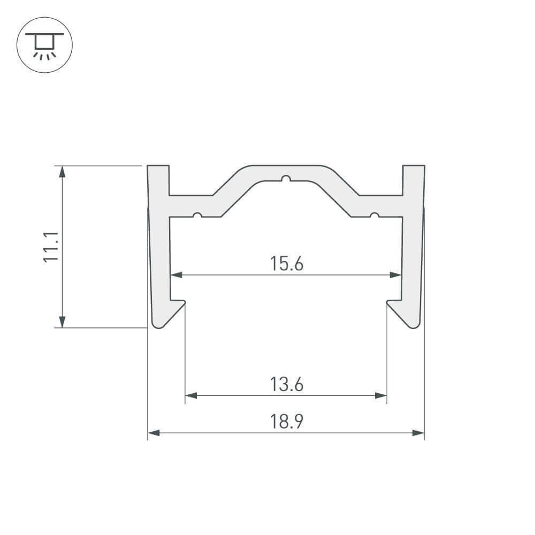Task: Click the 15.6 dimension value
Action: (x=287, y=264)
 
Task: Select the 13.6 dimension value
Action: (x=287, y=384)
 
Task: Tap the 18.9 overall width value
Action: (x=287, y=422)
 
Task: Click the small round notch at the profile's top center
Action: (x=287, y=178)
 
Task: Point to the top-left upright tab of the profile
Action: (x=158, y=179)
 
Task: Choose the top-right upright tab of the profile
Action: (x=414, y=179)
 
